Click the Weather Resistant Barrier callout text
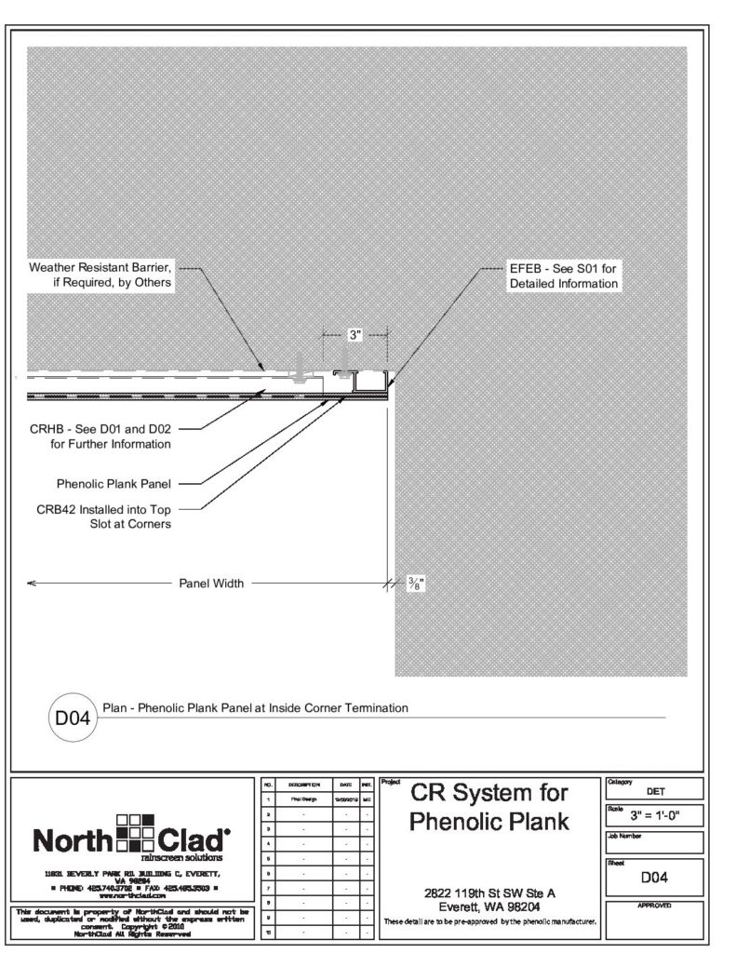click(100, 275)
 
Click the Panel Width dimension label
click(211, 584)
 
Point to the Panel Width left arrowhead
click(32, 584)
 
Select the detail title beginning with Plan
click(255, 708)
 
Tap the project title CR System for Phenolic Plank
click(488, 808)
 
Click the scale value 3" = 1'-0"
click(655, 818)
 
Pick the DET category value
click(655, 792)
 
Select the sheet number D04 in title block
click(655, 877)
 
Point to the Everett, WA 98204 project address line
click(488, 906)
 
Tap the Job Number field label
click(624, 836)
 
